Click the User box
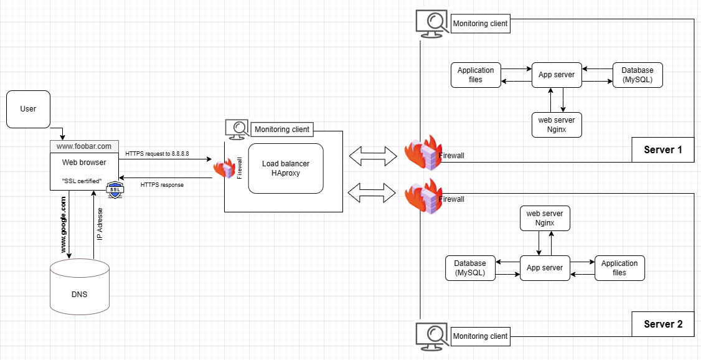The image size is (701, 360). point(29,109)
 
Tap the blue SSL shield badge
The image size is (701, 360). point(115,190)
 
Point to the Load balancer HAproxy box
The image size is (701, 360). point(286,168)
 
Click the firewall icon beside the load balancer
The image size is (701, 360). point(223,168)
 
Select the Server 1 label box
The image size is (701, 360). point(663,149)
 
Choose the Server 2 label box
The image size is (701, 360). point(663,324)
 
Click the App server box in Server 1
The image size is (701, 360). point(557,75)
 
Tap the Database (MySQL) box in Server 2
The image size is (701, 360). point(470,268)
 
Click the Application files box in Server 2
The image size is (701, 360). point(619,268)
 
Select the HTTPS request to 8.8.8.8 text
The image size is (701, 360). point(157,153)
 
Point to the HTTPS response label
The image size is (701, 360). point(162,185)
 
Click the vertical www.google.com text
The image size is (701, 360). point(63,224)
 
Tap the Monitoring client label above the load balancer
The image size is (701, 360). point(282,130)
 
